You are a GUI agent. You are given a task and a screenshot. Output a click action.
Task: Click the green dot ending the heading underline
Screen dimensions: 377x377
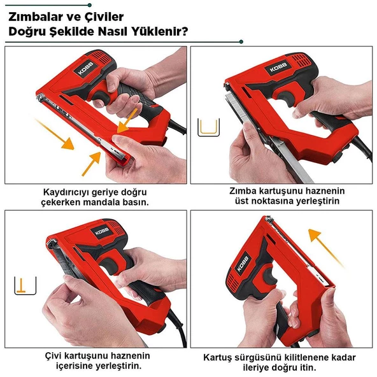[x=241, y=42]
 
